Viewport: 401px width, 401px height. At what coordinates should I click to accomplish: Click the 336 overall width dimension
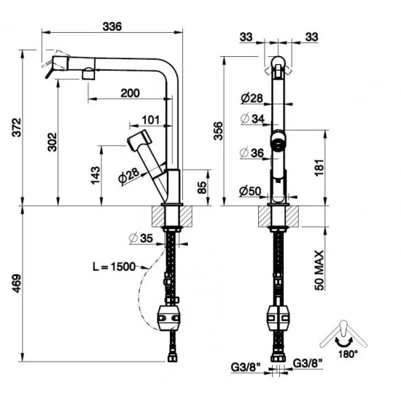(112, 26)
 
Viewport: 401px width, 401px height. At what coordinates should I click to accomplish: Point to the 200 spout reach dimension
(129, 93)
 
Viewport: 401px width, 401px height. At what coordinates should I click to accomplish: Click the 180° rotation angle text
(349, 354)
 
